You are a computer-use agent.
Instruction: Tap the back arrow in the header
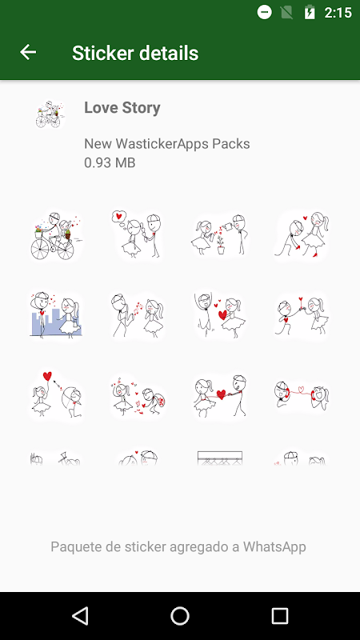28,52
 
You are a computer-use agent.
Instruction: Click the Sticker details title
135,53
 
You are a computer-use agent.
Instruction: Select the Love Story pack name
122,108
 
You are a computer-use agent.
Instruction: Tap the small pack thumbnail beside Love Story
50,114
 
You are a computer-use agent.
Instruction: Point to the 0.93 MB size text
110,163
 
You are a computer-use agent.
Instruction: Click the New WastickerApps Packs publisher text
167,144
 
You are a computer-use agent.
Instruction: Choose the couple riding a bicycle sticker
57,236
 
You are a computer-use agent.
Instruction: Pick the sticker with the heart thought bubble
138,234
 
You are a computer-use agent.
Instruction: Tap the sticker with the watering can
220,234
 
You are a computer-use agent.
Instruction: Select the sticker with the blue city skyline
56,314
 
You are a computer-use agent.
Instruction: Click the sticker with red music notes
138,314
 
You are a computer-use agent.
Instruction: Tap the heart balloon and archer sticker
57,394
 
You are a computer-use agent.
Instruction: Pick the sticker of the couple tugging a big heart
220,395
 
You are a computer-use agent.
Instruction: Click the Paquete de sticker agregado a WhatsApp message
178,546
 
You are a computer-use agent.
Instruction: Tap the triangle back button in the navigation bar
80,615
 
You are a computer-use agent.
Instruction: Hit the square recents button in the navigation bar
280,615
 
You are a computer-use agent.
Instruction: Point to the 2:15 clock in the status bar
338,13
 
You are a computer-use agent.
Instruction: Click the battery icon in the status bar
310,13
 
